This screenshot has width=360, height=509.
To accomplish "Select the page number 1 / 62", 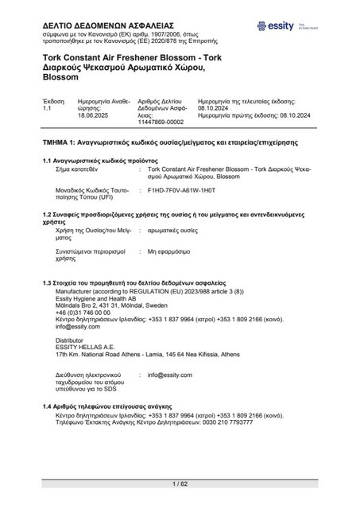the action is [180, 484].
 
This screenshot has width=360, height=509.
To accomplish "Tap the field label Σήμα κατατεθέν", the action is [79, 169].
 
